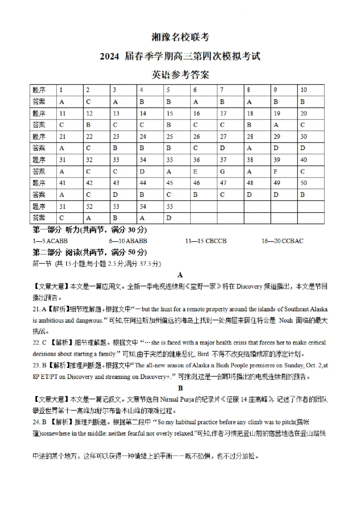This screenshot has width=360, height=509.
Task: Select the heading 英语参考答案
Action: tap(180, 75)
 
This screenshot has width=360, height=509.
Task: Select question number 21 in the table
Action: tap(62, 137)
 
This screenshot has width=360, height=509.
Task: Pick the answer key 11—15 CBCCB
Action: tap(206, 241)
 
